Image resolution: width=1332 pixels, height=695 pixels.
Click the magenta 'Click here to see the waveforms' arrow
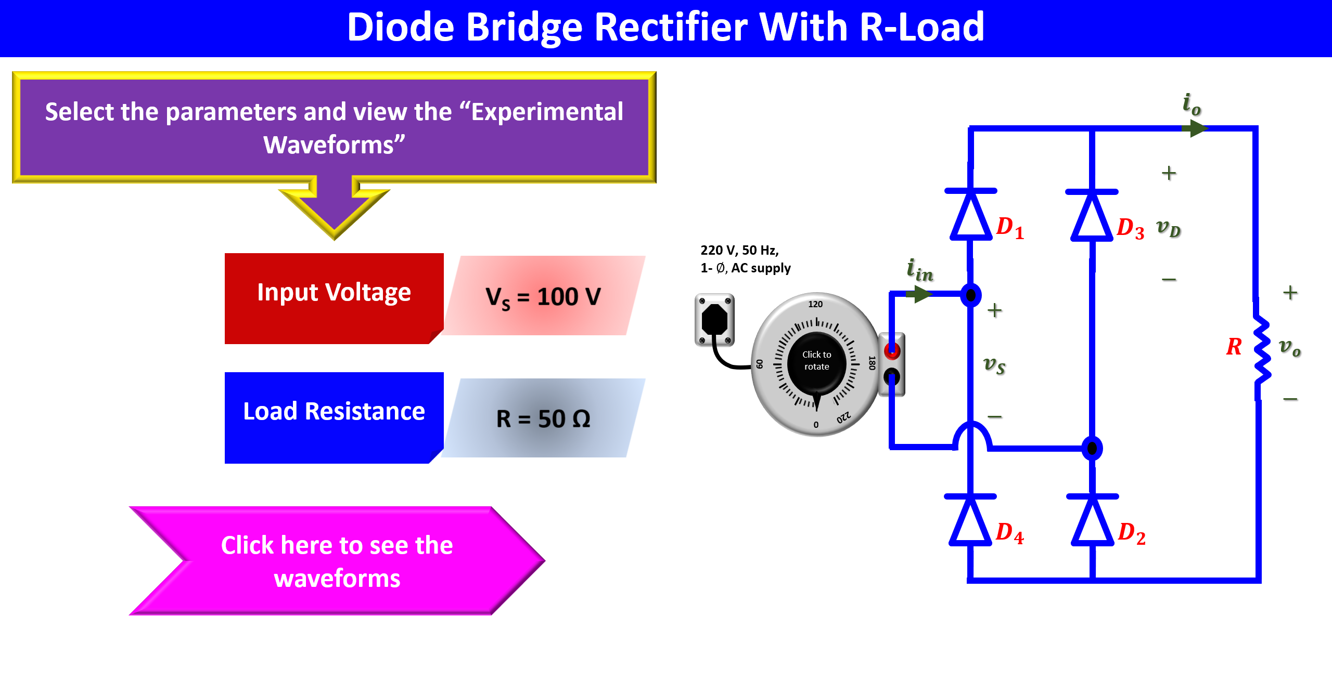pyautogui.click(x=337, y=561)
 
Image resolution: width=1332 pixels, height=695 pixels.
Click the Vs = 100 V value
pyautogui.click(x=543, y=297)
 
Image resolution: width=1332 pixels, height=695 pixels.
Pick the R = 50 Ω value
pyautogui.click(x=543, y=418)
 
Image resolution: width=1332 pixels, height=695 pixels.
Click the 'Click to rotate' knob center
pyautogui.click(x=816, y=361)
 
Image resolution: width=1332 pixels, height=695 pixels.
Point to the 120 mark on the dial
pyautogui.click(x=815, y=304)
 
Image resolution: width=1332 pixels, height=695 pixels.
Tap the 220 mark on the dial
pyautogui.click(x=843, y=417)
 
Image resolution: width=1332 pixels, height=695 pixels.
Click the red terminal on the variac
pyautogui.click(x=892, y=351)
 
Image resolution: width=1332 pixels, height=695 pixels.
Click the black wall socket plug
pyautogui.click(x=714, y=319)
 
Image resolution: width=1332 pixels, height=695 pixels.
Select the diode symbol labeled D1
pyautogui.click(x=970, y=215)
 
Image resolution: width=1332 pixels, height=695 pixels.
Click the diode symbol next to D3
pyautogui.click(x=1092, y=216)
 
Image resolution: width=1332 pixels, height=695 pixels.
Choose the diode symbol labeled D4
pyautogui.click(x=970, y=520)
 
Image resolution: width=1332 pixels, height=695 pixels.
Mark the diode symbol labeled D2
pyautogui.click(x=1092, y=520)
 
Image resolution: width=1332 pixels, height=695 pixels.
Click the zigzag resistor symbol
pyautogui.click(x=1261, y=349)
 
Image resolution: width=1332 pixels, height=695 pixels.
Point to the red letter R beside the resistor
pyautogui.click(x=1234, y=347)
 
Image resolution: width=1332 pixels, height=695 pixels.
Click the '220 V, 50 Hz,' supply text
pyautogui.click(x=739, y=250)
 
